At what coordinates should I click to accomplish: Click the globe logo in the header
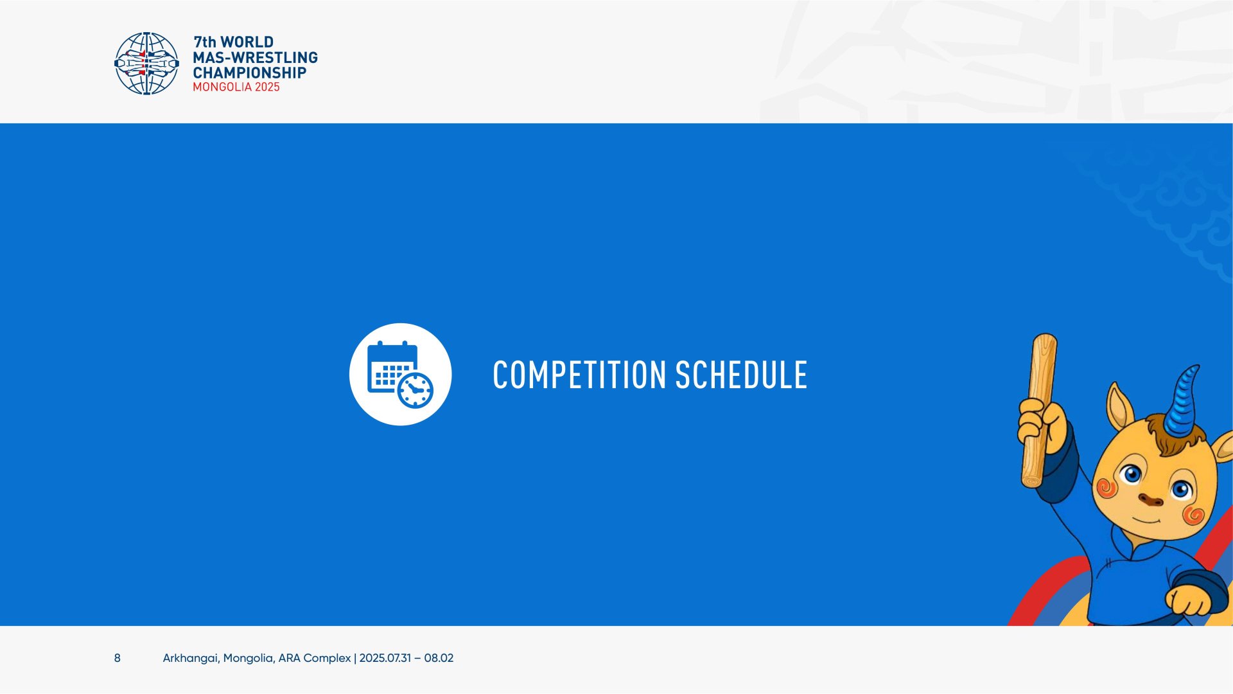[146, 64]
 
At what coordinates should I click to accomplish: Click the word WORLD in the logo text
[247, 42]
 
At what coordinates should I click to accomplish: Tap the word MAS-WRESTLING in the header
[255, 57]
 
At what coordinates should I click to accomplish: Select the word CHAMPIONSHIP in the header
[249, 73]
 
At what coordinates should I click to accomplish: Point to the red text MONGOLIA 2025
[236, 87]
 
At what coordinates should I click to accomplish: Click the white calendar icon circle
[400, 374]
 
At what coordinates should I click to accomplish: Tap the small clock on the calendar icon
[415, 389]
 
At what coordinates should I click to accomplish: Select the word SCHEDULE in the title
[741, 375]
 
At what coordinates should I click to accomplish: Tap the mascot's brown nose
[1150, 499]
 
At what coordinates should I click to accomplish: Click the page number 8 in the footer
[117, 658]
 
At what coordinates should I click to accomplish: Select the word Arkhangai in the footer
[191, 658]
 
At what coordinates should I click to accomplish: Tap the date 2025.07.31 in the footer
[385, 658]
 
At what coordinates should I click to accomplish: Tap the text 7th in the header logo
[205, 42]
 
